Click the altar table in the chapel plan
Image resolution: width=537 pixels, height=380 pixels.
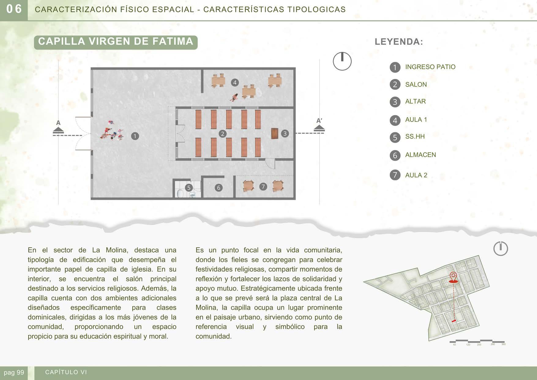[x=275, y=133]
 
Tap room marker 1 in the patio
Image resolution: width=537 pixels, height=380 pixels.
[x=135, y=136]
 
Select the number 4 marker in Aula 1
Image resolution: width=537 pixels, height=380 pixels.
[x=235, y=82]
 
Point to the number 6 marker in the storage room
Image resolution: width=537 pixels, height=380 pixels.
[x=218, y=188]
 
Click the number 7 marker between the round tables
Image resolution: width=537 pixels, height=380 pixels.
[x=263, y=186]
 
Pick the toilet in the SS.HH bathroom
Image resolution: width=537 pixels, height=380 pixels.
[x=180, y=194]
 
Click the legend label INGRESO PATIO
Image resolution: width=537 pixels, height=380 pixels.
[x=430, y=67]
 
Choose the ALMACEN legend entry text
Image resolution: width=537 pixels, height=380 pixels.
[x=420, y=155]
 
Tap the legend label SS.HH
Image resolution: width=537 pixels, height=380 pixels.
[x=415, y=137]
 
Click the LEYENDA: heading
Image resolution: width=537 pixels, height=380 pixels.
[x=399, y=42]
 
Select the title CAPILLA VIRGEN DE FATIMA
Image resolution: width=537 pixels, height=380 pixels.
[x=116, y=42]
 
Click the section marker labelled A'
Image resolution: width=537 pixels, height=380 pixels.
[x=319, y=126]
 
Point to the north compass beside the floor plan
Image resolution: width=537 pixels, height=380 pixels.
[x=342, y=61]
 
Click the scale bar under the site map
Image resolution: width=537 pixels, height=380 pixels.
[x=477, y=341]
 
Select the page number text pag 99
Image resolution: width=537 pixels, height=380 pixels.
[x=14, y=373]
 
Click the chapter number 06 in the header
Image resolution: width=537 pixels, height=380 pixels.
[x=14, y=9]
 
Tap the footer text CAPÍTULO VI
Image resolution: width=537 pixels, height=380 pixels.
[x=66, y=372]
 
